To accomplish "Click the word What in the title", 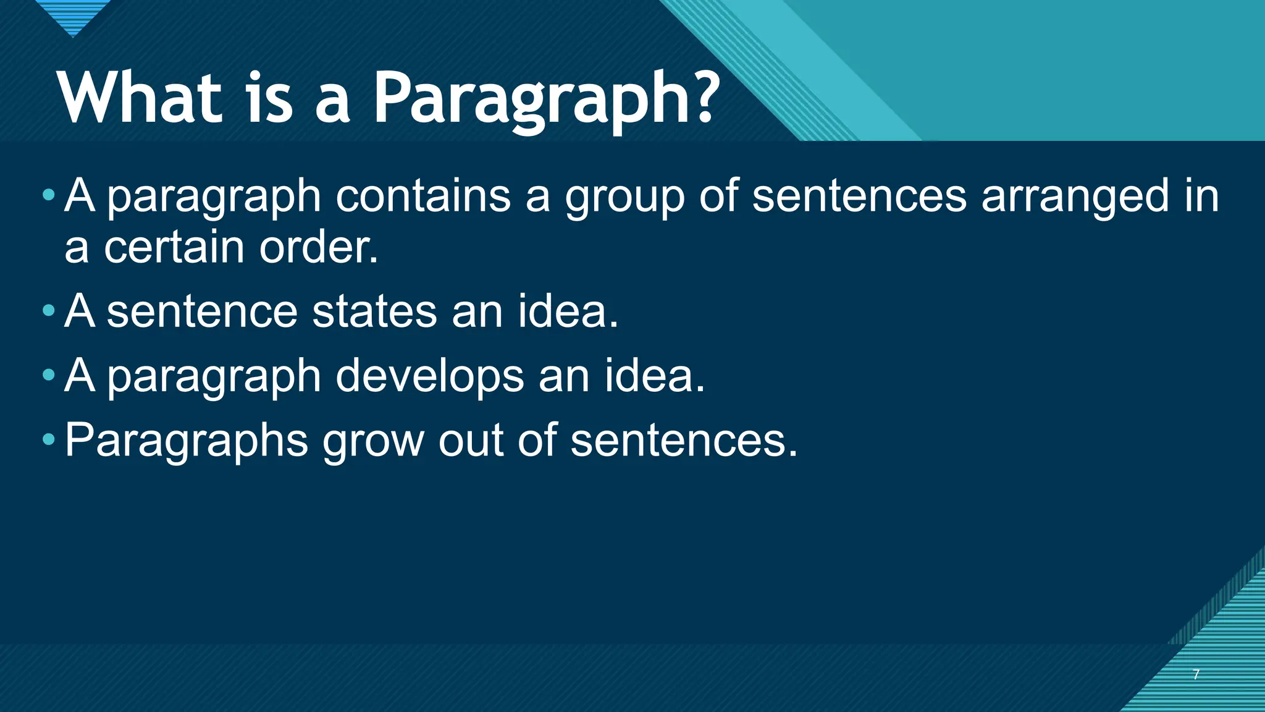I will (140, 98).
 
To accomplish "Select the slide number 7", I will (1196, 674).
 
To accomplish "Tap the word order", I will (318, 247).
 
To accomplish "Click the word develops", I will (430, 377).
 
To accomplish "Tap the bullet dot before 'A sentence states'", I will (49, 311).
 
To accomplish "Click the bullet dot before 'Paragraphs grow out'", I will (49, 440).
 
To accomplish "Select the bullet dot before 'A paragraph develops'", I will (49, 375).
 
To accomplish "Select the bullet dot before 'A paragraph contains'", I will (49, 196).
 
